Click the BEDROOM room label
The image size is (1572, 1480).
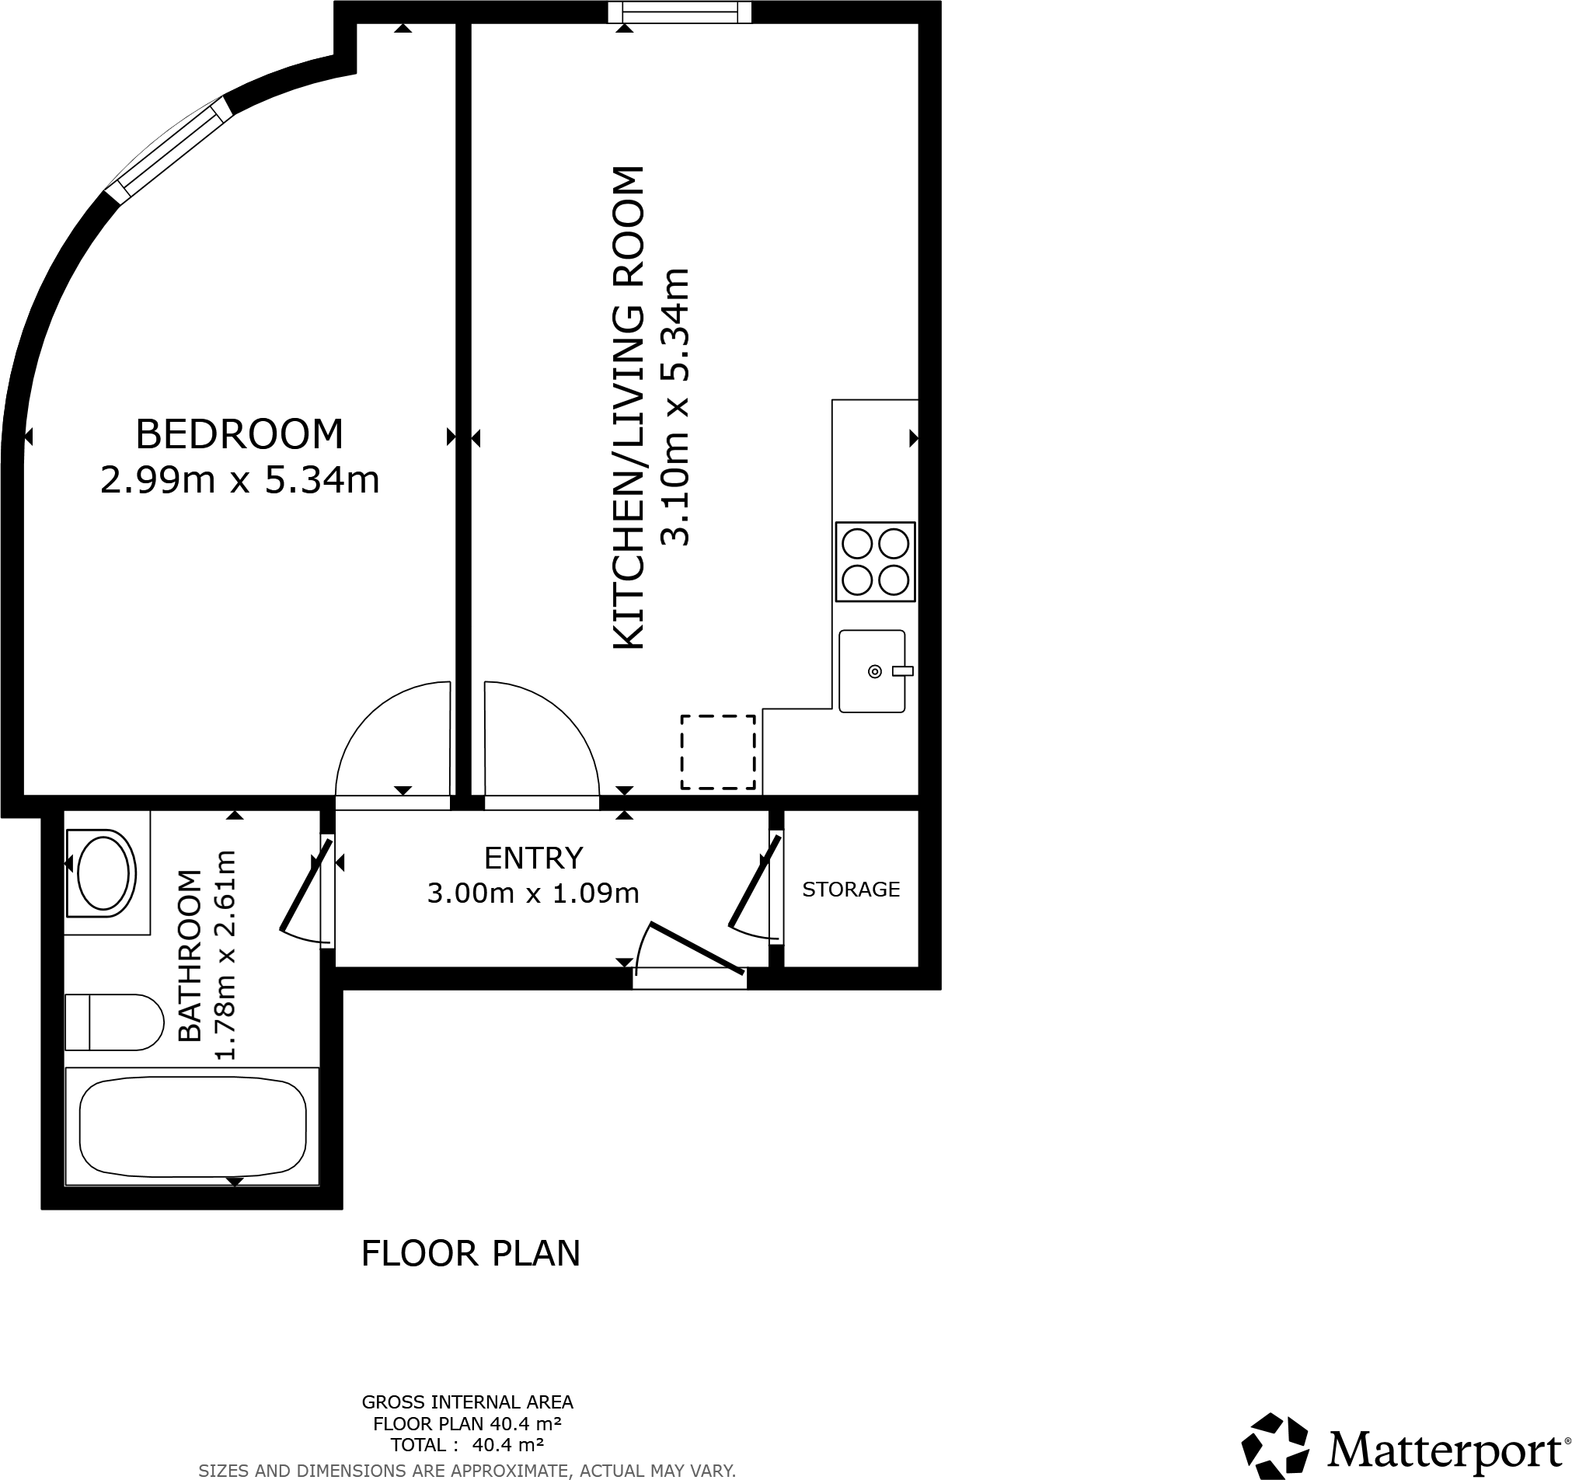point(239,434)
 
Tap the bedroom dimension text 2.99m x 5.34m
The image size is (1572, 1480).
point(239,480)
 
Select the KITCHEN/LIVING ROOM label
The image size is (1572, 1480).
point(629,408)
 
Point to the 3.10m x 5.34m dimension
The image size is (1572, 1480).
point(675,407)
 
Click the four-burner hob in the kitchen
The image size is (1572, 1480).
point(875,562)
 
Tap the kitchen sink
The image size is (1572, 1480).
point(872,671)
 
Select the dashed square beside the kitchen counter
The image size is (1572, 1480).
point(718,752)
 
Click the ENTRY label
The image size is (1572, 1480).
point(534,858)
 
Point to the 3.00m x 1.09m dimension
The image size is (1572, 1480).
point(533,893)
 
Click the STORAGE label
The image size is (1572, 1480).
point(851,890)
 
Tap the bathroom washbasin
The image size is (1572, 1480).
point(99,873)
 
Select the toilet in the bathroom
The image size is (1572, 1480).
point(114,1022)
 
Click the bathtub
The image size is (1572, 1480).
point(192,1127)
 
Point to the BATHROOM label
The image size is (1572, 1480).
point(190,956)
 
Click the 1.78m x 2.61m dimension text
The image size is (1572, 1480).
point(226,955)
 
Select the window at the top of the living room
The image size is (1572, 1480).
point(679,12)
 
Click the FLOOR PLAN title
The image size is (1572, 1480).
point(470,1253)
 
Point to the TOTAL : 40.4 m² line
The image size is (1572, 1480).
point(467,1445)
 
